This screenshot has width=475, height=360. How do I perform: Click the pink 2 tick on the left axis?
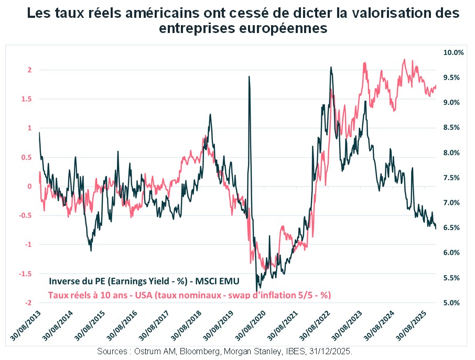30,70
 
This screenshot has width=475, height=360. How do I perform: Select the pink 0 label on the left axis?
30,187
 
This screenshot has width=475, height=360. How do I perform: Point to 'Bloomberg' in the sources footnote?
199,351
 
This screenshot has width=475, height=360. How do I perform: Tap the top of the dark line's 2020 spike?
249,77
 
